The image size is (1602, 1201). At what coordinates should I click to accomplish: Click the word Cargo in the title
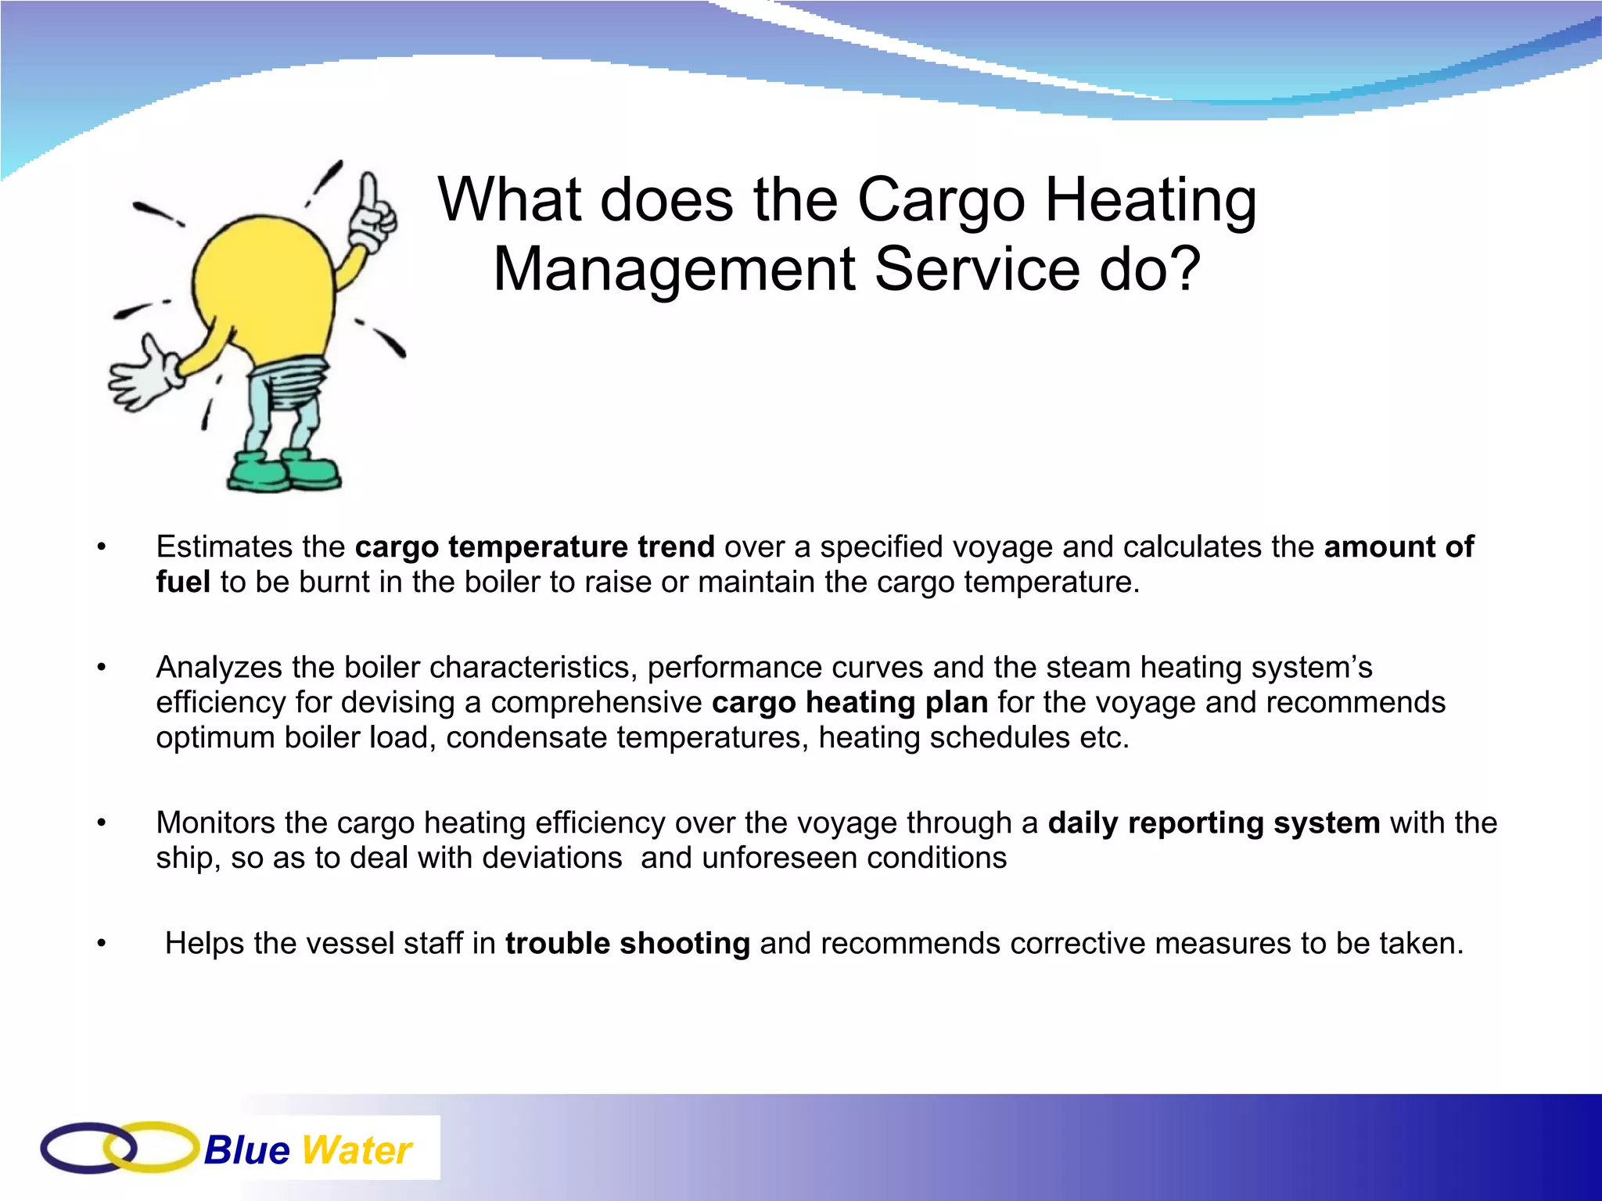(941, 201)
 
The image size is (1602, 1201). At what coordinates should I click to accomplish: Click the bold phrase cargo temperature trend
(534, 547)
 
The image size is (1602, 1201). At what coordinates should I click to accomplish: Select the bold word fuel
(183, 582)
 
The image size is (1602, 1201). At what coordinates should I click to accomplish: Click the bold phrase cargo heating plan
(849, 702)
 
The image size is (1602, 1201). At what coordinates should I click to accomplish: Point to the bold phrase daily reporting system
(1213, 823)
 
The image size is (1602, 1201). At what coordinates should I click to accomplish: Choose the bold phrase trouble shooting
(627, 943)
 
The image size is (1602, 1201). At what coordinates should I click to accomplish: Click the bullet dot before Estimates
(101, 547)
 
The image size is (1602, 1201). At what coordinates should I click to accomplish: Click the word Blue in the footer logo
(246, 1150)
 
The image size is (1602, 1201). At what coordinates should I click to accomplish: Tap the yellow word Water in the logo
(356, 1150)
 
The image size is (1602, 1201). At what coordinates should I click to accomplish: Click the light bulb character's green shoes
(284, 471)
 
